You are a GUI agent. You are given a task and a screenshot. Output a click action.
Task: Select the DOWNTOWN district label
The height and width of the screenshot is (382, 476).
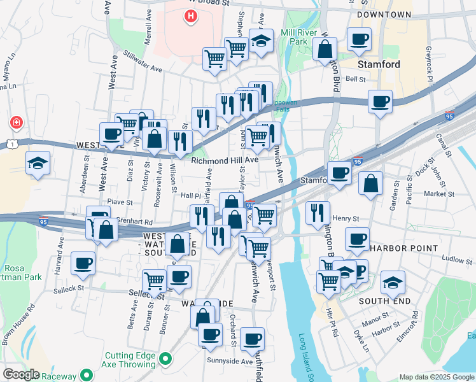(x=384, y=14)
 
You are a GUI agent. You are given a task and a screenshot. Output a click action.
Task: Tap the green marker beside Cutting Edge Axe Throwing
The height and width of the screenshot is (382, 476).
(x=165, y=360)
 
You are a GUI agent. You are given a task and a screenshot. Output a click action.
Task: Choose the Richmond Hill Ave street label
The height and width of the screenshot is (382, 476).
(x=225, y=160)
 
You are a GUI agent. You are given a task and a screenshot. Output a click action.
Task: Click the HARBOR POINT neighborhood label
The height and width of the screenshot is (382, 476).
(x=404, y=248)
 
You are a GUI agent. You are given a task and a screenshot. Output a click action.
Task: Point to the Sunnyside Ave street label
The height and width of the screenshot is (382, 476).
(x=230, y=361)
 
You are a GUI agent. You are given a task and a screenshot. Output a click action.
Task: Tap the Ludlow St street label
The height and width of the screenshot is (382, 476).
(x=439, y=259)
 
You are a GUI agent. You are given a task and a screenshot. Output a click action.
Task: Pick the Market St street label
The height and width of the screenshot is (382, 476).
(x=439, y=194)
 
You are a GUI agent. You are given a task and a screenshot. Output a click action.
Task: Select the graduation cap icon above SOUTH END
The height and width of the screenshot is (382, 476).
(x=393, y=282)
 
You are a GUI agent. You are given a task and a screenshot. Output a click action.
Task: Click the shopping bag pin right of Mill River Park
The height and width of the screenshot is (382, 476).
(x=325, y=48)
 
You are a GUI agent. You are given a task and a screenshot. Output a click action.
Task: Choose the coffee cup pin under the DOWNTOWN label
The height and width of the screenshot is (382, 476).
(x=360, y=39)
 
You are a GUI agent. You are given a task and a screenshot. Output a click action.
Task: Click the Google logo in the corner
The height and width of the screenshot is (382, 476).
(x=21, y=374)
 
